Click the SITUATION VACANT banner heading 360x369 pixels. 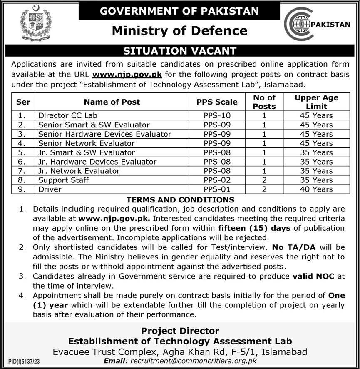click(180, 51)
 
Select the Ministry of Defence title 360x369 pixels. click(180, 30)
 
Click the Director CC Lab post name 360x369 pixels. click(68, 115)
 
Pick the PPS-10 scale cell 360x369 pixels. click(217, 115)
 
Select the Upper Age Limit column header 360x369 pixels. click(316, 102)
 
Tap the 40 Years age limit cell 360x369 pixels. click(316, 189)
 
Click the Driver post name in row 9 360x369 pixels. click(50, 189)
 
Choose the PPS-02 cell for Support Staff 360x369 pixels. click(217, 180)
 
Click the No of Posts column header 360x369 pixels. click(264, 102)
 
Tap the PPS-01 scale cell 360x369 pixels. click(217, 189)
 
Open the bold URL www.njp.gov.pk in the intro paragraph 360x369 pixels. click(127, 75)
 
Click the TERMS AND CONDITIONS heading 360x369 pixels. click(180, 200)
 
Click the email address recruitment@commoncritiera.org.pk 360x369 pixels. click(194, 361)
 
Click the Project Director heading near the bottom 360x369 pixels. click(180, 331)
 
